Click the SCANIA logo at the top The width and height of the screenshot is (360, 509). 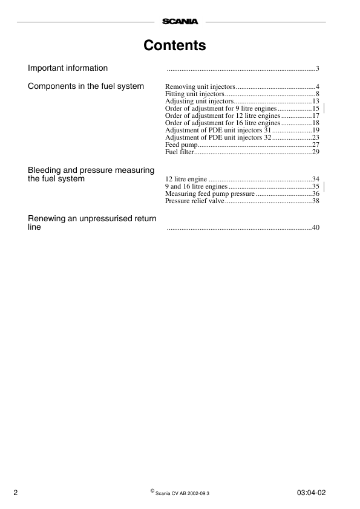coord(180,22)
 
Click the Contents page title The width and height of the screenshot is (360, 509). coord(175,45)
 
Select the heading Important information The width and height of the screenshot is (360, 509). coord(68,68)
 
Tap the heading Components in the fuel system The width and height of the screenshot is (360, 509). coord(86,86)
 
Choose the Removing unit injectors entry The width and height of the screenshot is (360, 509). coord(200,87)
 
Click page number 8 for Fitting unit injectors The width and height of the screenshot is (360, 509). coord(317,94)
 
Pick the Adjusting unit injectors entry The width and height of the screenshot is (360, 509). coord(199,101)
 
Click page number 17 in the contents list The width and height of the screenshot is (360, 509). coord(315,115)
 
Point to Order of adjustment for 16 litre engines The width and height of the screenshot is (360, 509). coord(222,123)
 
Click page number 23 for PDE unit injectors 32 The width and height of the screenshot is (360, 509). coord(315,137)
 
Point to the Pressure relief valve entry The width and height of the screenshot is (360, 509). coord(194,201)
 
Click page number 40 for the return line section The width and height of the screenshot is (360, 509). coord(315,228)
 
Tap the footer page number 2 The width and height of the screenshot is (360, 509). coord(16,493)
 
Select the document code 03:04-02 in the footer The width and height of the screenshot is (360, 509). coord(312,493)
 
